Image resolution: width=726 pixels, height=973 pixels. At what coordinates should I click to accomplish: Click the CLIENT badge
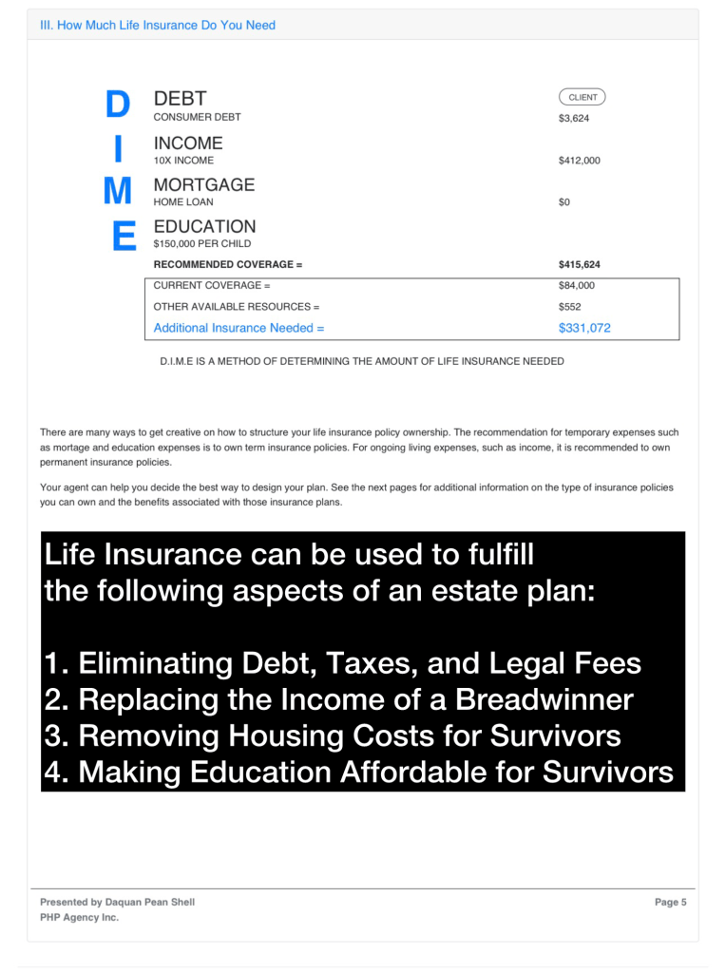[x=582, y=97]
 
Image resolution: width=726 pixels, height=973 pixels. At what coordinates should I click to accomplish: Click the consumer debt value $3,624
[x=574, y=119]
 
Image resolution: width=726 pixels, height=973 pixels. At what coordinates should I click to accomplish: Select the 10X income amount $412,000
[x=579, y=161]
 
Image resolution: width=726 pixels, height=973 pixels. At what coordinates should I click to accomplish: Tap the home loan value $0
[x=564, y=202]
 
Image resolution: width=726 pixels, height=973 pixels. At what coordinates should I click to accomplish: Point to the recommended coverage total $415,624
[x=579, y=264]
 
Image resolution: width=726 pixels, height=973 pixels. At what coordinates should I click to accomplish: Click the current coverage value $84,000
[x=576, y=285]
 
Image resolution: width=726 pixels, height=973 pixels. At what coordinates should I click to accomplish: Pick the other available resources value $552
[x=569, y=307]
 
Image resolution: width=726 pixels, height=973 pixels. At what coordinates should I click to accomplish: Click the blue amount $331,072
[x=584, y=328]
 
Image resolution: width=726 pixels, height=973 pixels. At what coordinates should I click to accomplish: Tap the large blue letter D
[x=118, y=105]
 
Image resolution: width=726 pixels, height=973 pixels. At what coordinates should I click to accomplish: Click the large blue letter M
[x=118, y=191]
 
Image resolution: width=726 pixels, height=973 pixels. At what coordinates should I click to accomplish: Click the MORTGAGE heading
[x=204, y=185]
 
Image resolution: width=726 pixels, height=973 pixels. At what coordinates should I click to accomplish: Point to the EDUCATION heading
[x=204, y=227]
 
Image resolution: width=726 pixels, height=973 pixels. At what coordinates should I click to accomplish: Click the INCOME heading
[x=188, y=143]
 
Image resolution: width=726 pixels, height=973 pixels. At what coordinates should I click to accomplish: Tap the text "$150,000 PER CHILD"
[x=202, y=244]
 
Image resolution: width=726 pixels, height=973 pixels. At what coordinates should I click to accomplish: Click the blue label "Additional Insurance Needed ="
[x=239, y=328]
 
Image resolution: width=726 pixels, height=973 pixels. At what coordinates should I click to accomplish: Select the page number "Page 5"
[x=670, y=903]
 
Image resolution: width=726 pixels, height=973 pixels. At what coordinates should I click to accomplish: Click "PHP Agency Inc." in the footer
[x=79, y=918]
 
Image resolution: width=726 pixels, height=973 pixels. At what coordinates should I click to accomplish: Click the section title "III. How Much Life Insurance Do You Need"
[x=158, y=26]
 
